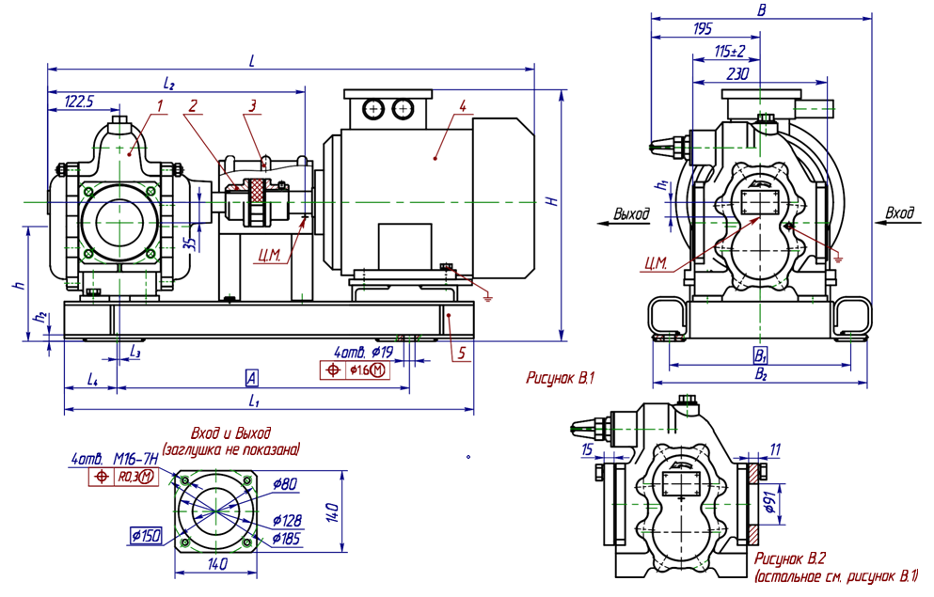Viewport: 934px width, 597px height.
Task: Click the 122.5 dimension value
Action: pyautogui.click(x=79, y=102)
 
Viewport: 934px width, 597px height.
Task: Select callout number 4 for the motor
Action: pyautogui.click(x=462, y=106)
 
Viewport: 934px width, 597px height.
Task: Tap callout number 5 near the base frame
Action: pyautogui.click(x=461, y=353)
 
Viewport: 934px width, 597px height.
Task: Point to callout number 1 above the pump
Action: pyautogui.click(x=159, y=106)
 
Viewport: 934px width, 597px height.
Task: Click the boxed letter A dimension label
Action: pyautogui.click(x=251, y=378)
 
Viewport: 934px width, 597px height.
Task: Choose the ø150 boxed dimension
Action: pyautogui.click(x=146, y=536)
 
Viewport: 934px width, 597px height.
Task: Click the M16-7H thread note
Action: pyautogui.click(x=135, y=459)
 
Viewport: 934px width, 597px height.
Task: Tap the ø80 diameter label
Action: pyautogui.click(x=284, y=484)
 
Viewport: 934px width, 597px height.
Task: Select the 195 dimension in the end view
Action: pyautogui.click(x=703, y=28)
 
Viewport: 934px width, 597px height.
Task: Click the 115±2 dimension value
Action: pyautogui.click(x=729, y=52)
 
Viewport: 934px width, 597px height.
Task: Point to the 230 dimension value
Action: pyautogui.click(x=737, y=74)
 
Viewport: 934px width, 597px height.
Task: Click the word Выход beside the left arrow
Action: pyautogui.click(x=631, y=213)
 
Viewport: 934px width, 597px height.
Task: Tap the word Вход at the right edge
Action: pyautogui.click(x=899, y=212)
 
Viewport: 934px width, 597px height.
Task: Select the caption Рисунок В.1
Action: pyautogui.click(x=560, y=377)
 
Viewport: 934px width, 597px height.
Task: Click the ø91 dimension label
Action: pyautogui.click(x=768, y=502)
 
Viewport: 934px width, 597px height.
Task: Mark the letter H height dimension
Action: pyautogui.click(x=553, y=201)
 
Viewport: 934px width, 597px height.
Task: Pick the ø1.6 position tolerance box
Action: pyautogui.click(x=354, y=370)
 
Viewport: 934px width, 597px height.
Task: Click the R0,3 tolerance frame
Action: pyautogui.click(x=124, y=477)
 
